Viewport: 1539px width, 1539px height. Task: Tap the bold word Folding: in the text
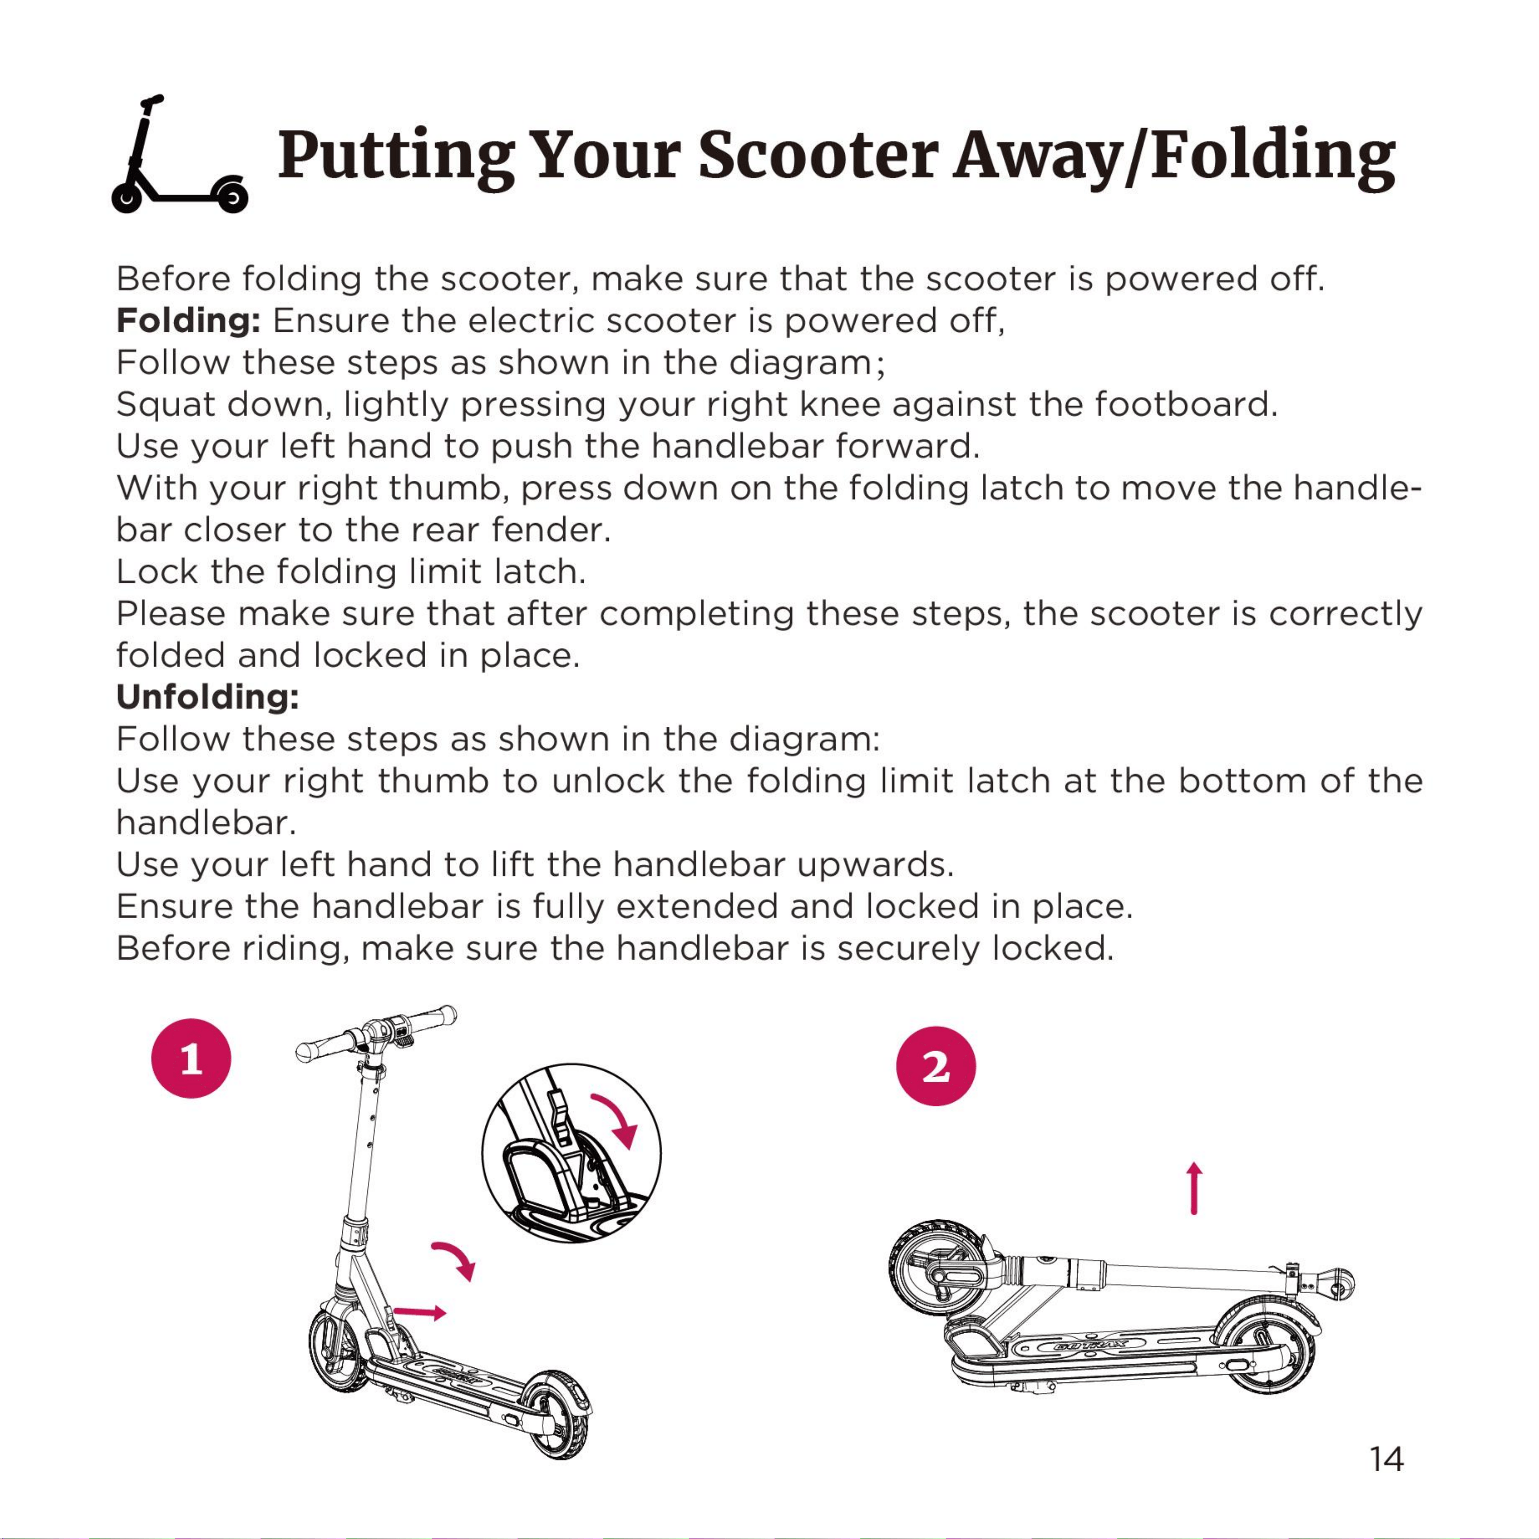coord(189,322)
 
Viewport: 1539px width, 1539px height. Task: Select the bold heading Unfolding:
coord(208,697)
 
